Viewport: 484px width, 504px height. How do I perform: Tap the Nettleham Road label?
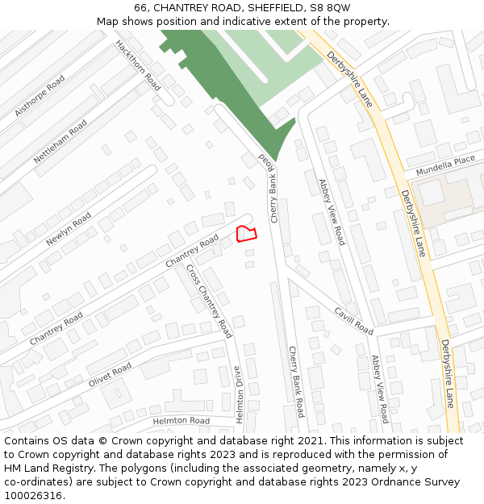pos(60,141)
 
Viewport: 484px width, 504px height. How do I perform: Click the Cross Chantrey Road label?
pos(209,301)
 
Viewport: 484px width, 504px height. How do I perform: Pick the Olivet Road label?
pos(110,374)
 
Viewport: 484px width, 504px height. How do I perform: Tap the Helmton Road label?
pos(181,421)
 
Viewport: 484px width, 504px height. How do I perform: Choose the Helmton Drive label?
pos(238,395)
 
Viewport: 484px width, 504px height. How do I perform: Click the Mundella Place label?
pos(445,166)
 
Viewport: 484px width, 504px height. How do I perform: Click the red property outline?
pos(246,234)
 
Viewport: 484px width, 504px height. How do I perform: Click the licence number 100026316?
pos(37,496)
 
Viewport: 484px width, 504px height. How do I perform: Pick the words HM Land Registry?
pos(47,469)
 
